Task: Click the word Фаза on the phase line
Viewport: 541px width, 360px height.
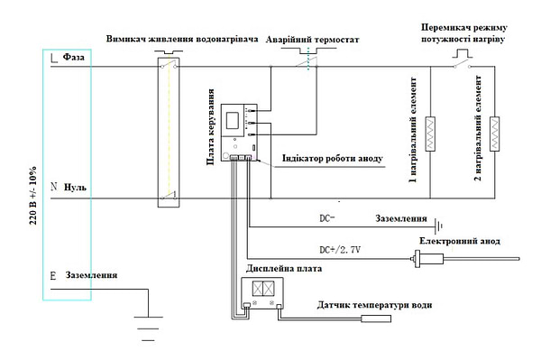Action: tap(74, 57)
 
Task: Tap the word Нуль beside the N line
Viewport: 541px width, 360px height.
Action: tap(75, 188)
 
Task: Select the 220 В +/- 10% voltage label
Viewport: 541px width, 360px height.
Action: tap(33, 196)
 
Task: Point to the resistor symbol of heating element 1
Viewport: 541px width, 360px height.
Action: tap(430, 134)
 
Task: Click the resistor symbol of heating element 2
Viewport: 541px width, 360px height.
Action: tap(495, 134)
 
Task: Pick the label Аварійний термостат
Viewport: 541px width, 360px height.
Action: tap(312, 40)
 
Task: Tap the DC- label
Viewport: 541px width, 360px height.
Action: tap(327, 218)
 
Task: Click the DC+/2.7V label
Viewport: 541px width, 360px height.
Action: tap(340, 250)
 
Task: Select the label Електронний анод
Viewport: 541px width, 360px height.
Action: tap(460, 241)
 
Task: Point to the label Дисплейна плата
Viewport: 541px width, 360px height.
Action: tap(284, 269)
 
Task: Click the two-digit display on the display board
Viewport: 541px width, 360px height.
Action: tap(263, 289)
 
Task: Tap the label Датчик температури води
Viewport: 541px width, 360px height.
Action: tap(374, 305)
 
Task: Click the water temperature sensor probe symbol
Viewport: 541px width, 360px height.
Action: tap(376, 318)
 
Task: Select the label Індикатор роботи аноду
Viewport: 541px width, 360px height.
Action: tap(333, 159)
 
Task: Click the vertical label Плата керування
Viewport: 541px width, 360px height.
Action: tap(210, 127)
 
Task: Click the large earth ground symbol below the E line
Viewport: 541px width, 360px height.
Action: tap(149, 328)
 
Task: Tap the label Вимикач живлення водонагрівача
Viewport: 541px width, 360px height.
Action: tap(182, 39)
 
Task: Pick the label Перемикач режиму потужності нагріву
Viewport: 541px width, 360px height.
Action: tap(464, 33)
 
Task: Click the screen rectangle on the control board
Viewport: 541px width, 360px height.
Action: tap(233, 121)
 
